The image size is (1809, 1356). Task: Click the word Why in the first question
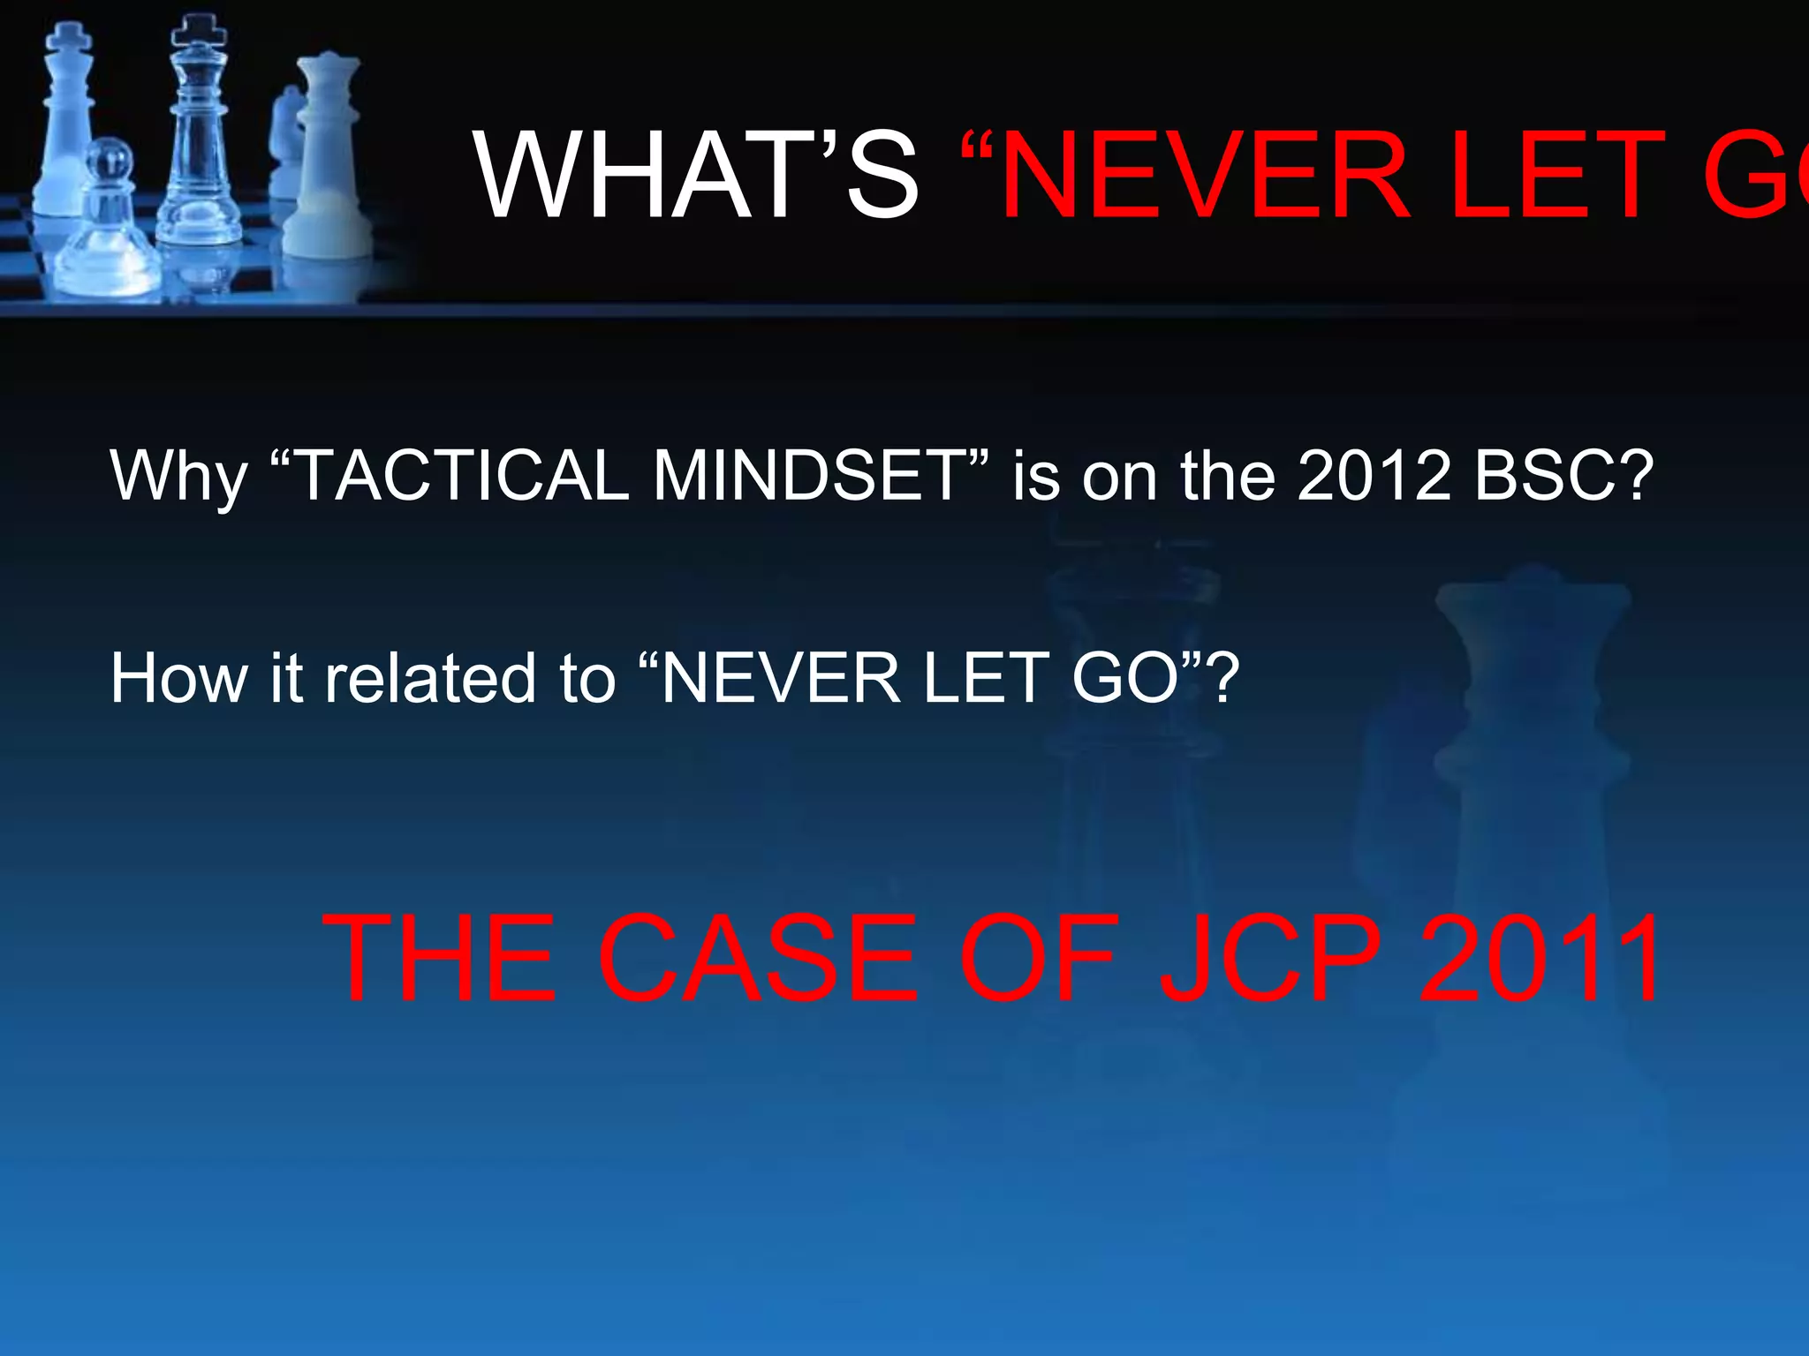[178, 477]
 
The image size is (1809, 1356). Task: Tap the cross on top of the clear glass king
[200, 31]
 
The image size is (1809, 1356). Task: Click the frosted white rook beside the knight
[328, 150]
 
